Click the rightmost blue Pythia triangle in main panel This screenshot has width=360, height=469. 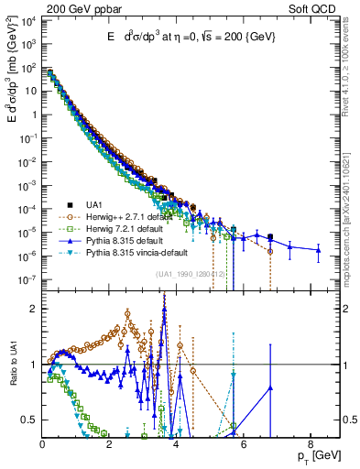click(319, 249)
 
